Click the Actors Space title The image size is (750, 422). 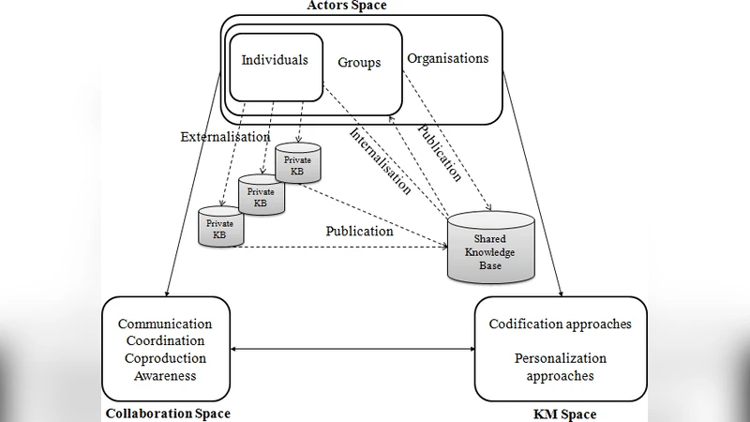tap(346, 6)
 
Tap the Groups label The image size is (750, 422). tap(359, 63)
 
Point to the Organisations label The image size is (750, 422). tap(447, 58)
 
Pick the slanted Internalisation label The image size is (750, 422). tap(381, 160)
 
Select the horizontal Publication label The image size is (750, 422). tap(359, 231)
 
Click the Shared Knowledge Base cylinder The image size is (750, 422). tap(490, 248)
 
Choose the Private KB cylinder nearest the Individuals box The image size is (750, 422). tap(298, 164)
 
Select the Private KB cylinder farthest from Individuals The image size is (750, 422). tap(220, 228)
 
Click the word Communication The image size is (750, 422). tap(164, 324)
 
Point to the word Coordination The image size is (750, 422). tap(164, 341)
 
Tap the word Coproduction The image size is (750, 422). tap(164, 358)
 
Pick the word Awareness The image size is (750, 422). tap(164, 375)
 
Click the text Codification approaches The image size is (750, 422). tap(560, 324)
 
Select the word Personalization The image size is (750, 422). tap(560, 358)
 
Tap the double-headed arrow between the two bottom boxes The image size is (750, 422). tap(352, 349)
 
